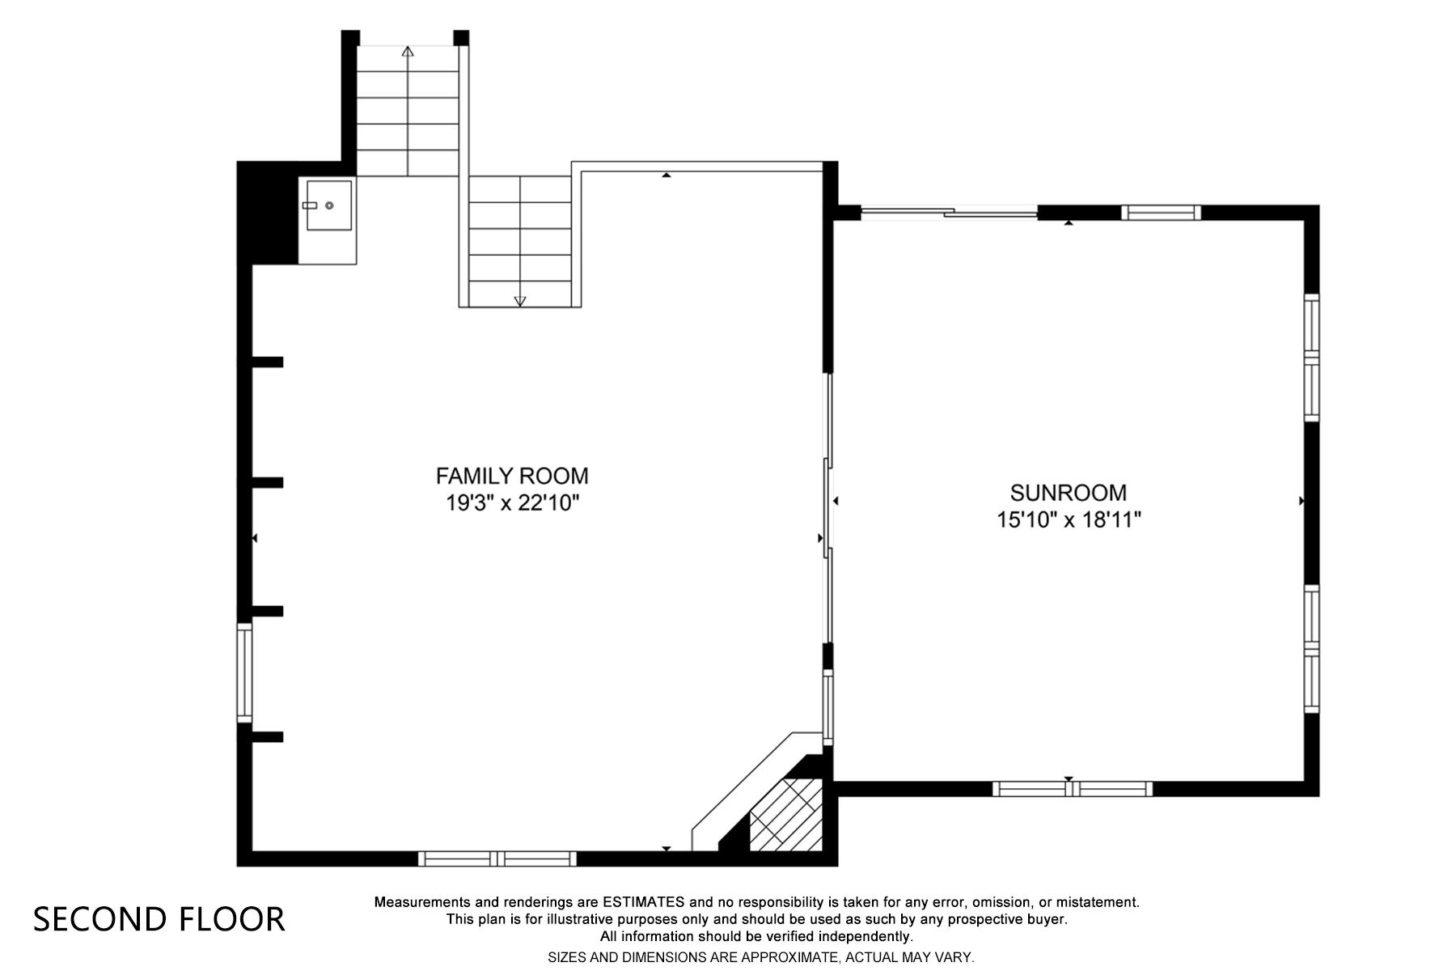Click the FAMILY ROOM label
pos(511,476)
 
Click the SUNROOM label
pos(1068,493)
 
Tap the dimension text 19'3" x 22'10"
pos(512,503)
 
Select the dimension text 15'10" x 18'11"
pos(1068,519)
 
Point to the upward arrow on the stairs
pos(408,53)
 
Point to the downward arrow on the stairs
pos(520,300)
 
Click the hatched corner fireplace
pos(785,815)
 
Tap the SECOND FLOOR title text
pos(159,919)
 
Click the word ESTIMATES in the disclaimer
pos(643,902)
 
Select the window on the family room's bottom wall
pos(497,859)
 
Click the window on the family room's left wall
pos(244,672)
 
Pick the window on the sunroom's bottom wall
pos(1072,789)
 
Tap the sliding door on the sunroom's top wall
pos(948,214)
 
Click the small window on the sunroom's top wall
pos(1160,213)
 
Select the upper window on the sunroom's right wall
pos(1311,357)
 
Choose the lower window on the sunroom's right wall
pos(1311,648)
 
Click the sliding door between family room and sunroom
pos(827,507)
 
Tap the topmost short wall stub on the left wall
pos(267,362)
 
